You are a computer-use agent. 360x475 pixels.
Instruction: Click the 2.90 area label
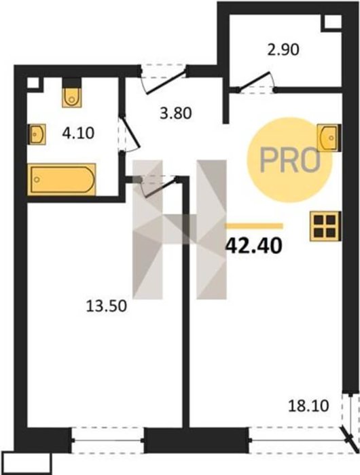283,50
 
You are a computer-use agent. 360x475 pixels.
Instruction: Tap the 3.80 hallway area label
176,113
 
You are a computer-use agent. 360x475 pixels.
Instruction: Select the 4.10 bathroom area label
78,133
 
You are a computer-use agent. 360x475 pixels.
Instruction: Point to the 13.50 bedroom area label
106,306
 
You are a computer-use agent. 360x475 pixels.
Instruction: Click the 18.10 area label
308,406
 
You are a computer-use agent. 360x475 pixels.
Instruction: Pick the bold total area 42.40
254,246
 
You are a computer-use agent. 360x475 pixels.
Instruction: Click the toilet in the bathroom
72,93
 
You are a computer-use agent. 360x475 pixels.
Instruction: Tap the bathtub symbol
62,179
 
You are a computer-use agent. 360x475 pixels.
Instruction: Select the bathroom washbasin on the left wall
37,134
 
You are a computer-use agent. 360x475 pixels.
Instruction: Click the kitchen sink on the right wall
329,137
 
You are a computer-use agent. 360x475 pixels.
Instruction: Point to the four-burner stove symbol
325,226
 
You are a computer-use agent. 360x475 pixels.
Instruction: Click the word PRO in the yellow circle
290,161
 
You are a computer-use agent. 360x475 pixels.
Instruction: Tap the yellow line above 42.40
254,226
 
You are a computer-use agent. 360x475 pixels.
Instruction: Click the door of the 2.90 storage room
255,82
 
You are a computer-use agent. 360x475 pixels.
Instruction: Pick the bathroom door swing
130,134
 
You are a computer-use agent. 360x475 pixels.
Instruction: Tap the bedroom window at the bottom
108,440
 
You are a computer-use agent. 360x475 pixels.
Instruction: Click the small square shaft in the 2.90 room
331,22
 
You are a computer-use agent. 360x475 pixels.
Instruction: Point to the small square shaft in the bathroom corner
34,83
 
